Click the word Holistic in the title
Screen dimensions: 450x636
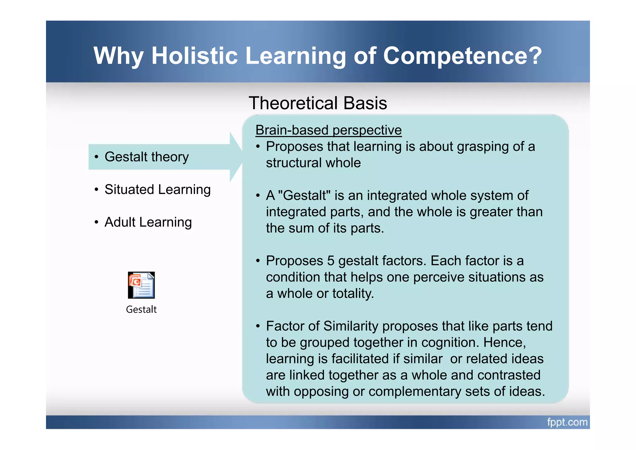click(x=194, y=56)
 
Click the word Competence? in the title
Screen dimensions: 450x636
click(x=462, y=56)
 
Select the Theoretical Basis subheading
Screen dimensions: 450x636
click(x=318, y=103)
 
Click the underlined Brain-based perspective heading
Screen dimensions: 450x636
click(x=328, y=130)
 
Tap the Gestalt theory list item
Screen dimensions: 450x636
click(x=147, y=157)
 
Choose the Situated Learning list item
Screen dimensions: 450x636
click(x=157, y=189)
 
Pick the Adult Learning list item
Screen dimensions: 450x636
click(x=148, y=222)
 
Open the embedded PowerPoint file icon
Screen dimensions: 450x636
click(x=141, y=285)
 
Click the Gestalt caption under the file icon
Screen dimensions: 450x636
click(x=141, y=310)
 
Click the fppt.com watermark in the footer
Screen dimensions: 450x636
click(x=567, y=422)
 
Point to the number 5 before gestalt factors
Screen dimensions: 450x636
click(x=330, y=261)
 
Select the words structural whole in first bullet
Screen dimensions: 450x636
click(x=313, y=163)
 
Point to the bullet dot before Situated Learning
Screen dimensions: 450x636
click(x=97, y=190)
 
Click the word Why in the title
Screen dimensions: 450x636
click(x=118, y=56)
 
